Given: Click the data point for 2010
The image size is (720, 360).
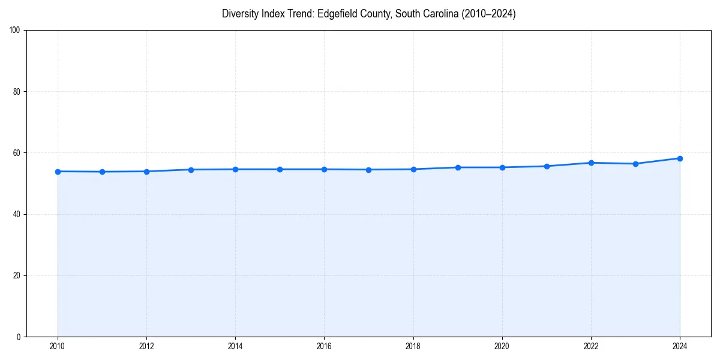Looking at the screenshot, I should (58, 172).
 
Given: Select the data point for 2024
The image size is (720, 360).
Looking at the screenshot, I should (680, 158).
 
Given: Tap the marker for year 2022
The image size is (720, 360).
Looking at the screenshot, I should (591, 163).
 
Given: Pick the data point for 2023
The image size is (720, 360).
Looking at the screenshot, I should (635, 164).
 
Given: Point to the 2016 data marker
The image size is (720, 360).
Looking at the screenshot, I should (324, 169).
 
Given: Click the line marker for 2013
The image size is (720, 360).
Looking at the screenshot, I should (191, 170).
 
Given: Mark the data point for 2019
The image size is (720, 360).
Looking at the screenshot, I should (458, 167).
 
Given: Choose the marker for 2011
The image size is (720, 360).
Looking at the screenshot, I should (102, 172).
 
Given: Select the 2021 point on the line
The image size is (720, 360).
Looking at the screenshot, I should (547, 166).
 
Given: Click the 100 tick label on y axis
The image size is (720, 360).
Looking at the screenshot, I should (16, 31).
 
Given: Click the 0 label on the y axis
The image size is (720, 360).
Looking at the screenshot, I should (19, 337).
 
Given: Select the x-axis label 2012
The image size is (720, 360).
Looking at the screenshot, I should (146, 346).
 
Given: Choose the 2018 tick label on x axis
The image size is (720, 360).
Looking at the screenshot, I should (413, 346).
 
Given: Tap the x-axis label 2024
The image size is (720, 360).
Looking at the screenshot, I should (680, 346).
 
